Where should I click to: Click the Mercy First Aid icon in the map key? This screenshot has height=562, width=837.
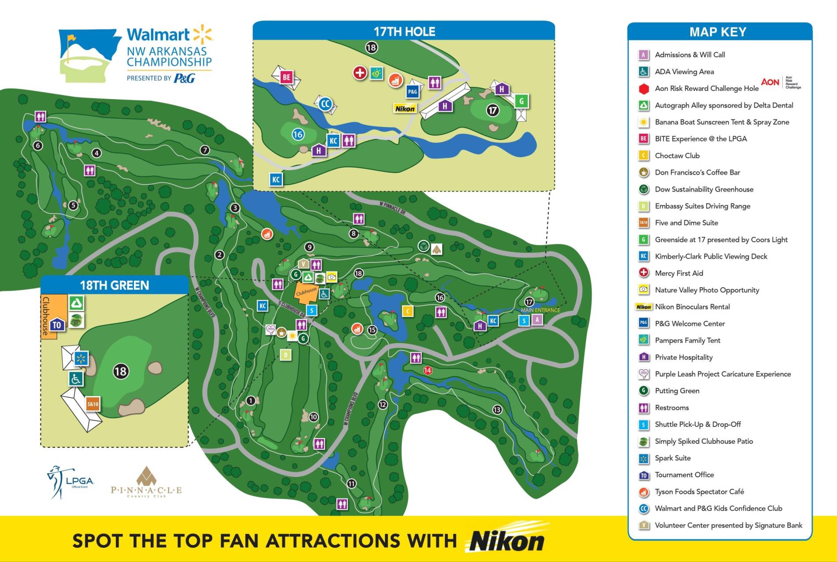644,273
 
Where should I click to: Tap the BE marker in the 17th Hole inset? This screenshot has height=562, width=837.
286,77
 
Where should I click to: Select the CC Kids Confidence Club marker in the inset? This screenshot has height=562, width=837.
325,104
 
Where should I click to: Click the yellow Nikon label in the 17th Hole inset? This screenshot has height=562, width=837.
405,109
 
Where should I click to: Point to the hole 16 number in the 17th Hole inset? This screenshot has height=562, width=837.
298,134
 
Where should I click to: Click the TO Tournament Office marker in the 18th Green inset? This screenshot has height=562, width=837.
57,325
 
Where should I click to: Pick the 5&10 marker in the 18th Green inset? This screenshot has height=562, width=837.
93,404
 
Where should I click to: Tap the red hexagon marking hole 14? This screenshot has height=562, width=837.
427,370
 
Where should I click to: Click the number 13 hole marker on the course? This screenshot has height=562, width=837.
497,410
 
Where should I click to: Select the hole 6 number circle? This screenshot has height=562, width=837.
38,145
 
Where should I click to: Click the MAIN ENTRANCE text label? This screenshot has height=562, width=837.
540,310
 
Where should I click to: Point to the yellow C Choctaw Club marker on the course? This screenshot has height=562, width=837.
408,311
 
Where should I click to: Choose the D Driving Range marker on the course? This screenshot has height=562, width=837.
285,355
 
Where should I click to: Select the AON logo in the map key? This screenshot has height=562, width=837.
770,82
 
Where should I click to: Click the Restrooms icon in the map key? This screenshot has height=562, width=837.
644,408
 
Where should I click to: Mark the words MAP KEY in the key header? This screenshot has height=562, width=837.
718,32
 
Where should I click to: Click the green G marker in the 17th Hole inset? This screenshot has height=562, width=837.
522,101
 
